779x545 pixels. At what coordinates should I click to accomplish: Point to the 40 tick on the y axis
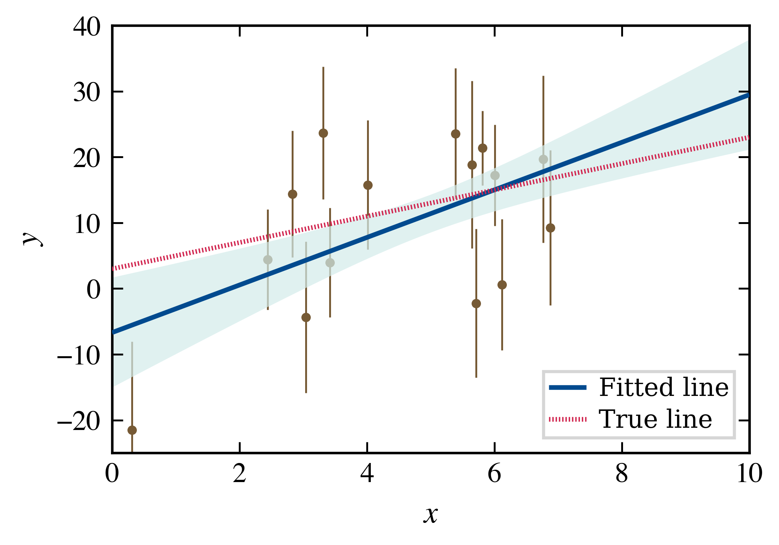pyautogui.click(x=87, y=27)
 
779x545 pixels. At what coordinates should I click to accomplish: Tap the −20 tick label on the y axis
pyautogui.click(x=79, y=421)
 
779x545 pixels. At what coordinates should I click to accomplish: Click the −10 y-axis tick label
pyautogui.click(x=79, y=355)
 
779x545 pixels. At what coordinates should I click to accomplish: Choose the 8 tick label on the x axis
pyautogui.click(x=622, y=473)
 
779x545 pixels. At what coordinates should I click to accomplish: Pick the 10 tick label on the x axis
pyautogui.click(x=749, y=473)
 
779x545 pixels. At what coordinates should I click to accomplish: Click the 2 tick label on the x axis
pyautogui.click(x=240, y=473)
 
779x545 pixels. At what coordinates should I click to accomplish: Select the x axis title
pyautogui.click(x=431, y=515)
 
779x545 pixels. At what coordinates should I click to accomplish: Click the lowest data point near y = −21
pyautogui.click(x=132, y=430)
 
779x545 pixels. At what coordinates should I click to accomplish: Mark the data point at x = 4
pyautogui.click(x=368, y=185)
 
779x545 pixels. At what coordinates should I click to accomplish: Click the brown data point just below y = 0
pyautogui.click(x=476, y=303)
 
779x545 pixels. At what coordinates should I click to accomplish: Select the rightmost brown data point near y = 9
pyautogui.click(x=550, y=228)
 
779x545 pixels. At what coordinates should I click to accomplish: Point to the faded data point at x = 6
pyautogui.click(x=495, y=175)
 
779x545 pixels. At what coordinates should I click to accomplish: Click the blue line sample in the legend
pyautogui.click(x=568, y=388)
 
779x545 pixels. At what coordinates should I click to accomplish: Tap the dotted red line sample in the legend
pyautogui.click(x=568, y=420)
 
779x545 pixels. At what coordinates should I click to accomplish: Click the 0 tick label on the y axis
pyautogui.click(x=94, y=290)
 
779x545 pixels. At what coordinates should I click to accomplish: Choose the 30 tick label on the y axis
pyautogui.click(x=87, y=93)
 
